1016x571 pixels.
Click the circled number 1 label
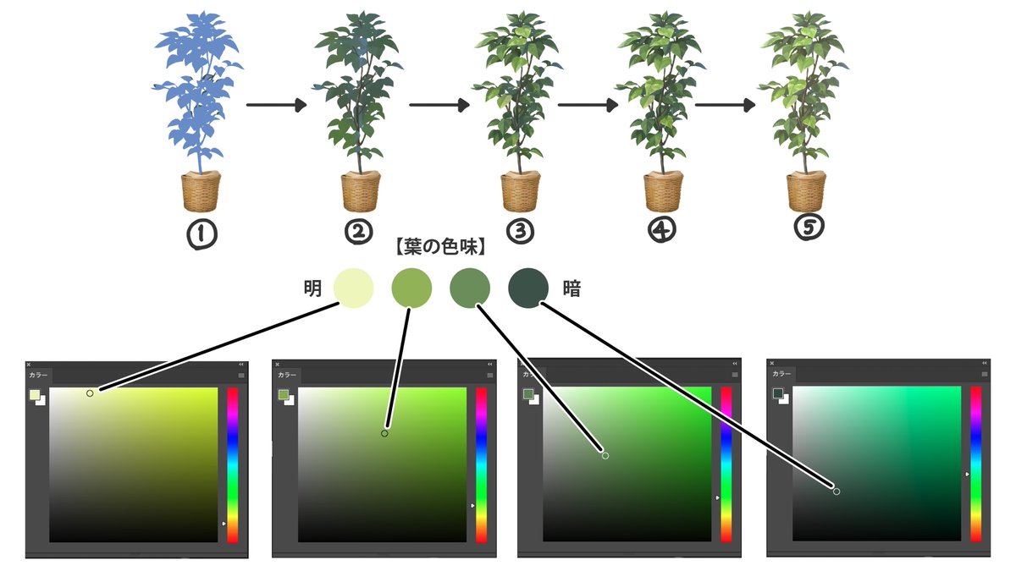click(200, 234)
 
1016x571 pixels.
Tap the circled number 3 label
click(519, 230)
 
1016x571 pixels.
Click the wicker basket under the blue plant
click(201, 191)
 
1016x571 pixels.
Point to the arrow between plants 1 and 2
click(275, 106)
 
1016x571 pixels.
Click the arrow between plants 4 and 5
click(725, 106)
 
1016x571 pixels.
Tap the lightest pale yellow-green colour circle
click(353, 288)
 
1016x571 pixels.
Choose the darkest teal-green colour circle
click(527, 288)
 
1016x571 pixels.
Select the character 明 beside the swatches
click(312, 288)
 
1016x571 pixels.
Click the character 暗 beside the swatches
click(571, 288)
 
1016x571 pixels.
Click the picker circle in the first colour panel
click(90, 393)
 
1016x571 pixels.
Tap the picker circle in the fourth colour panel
click(837, 491)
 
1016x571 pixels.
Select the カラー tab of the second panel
click(288, 374)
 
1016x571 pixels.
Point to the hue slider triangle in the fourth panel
click(967, 475)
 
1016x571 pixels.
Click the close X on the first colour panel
click(29, 365)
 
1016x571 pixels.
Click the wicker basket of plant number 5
click(805, 191)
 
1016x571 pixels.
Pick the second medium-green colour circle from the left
click(411, 288)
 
